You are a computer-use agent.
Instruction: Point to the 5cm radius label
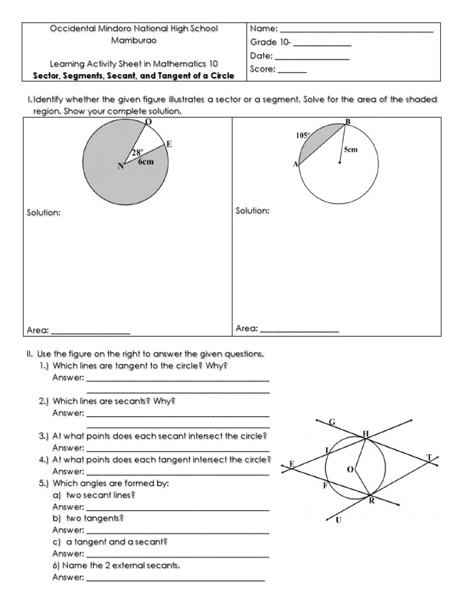pos(351,149)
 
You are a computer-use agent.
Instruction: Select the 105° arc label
pos(302,136)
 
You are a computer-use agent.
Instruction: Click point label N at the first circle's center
pos(120,167)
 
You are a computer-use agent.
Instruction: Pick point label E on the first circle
pos(169,144)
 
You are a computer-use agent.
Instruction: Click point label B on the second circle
pos(347,122)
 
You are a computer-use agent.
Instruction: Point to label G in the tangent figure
pos(331,422)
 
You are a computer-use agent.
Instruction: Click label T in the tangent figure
pos(429,458)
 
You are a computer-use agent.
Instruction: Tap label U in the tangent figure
pos(339,521)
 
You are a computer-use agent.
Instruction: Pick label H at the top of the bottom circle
pos(366,433)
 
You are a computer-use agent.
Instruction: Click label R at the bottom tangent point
pos(372,500)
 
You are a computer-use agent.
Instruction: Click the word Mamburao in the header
pos(134,40)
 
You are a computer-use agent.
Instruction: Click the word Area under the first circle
pos(37,330)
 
